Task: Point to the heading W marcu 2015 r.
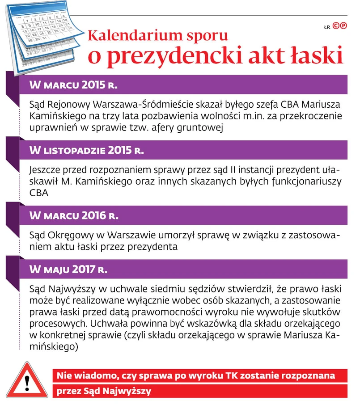point(73,85)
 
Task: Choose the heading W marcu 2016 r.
point(73,215)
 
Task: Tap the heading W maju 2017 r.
point(68,269)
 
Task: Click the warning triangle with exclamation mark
point(27,383)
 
